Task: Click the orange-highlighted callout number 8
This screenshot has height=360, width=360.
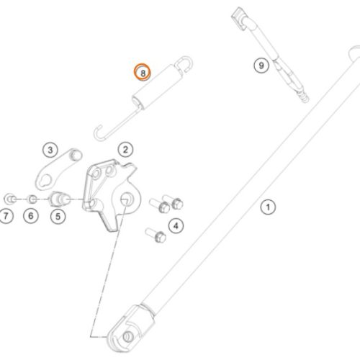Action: (143, 72)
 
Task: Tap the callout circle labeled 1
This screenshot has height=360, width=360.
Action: (268, 207)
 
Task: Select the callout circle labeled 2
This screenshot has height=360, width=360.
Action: (125, 150)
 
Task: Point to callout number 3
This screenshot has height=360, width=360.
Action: (50, 150)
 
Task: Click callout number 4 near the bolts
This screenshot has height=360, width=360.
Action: (176, 225)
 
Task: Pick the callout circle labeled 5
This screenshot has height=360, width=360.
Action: (58, 216)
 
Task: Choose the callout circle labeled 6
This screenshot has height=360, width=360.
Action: (31, 215)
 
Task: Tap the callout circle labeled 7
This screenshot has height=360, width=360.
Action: (6, 216)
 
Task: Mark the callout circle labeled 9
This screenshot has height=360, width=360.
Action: (261, 66)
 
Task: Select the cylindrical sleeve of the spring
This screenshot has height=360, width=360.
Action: (157, 86)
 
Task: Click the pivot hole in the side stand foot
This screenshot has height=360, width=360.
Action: (127, 336)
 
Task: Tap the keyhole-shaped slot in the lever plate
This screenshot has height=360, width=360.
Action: (46, 181)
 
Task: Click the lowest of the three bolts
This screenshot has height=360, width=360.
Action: (156, 235)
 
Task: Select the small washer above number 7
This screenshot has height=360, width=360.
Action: (10, 199)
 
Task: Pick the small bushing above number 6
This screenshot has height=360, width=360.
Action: (32, 199)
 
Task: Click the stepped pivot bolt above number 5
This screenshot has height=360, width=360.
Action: (59, 199)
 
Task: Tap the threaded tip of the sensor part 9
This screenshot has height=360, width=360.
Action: (304, 96)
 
